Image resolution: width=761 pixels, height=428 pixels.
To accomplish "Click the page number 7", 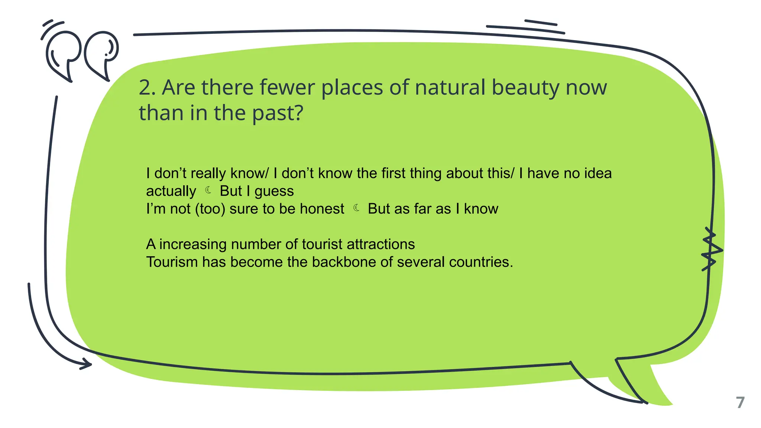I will pyautogui.click(x=740, y=403).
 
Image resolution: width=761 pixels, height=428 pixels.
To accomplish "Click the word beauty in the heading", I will pyautogui.click(x=525, y=88).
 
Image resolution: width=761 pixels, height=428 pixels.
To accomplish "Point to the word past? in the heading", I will pyautogui.click(x=278, y=113).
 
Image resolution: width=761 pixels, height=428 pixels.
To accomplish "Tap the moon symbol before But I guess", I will pyautogui.click(x=208, y=191).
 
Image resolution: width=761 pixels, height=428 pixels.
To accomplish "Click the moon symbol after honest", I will pyautogui.click(x=356, y=208).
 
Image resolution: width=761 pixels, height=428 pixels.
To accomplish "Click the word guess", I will pyautogui.click(x=274, y=191).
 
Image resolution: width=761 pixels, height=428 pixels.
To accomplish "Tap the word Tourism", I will pyautogui.click(x=172, y=262).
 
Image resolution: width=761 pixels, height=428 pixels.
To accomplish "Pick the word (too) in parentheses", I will pyautogui.click(x=210, y=209).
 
